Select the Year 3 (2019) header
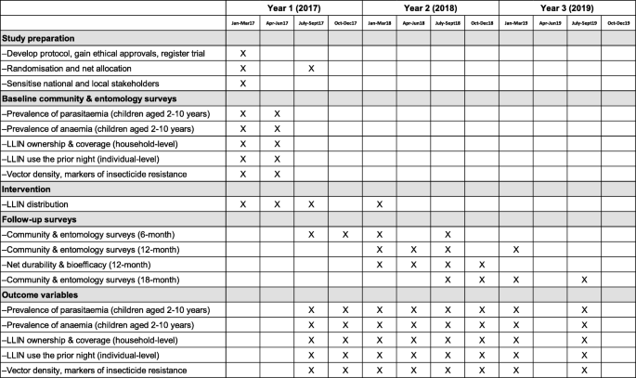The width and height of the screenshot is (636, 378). pos(567,8)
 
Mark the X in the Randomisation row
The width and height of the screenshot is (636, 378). pos(311,69)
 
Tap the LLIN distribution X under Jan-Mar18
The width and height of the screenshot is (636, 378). pos(380,203)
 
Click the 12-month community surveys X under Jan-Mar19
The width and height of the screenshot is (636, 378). pos(516,249)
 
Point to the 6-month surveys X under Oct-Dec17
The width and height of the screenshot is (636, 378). pos(345,234)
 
